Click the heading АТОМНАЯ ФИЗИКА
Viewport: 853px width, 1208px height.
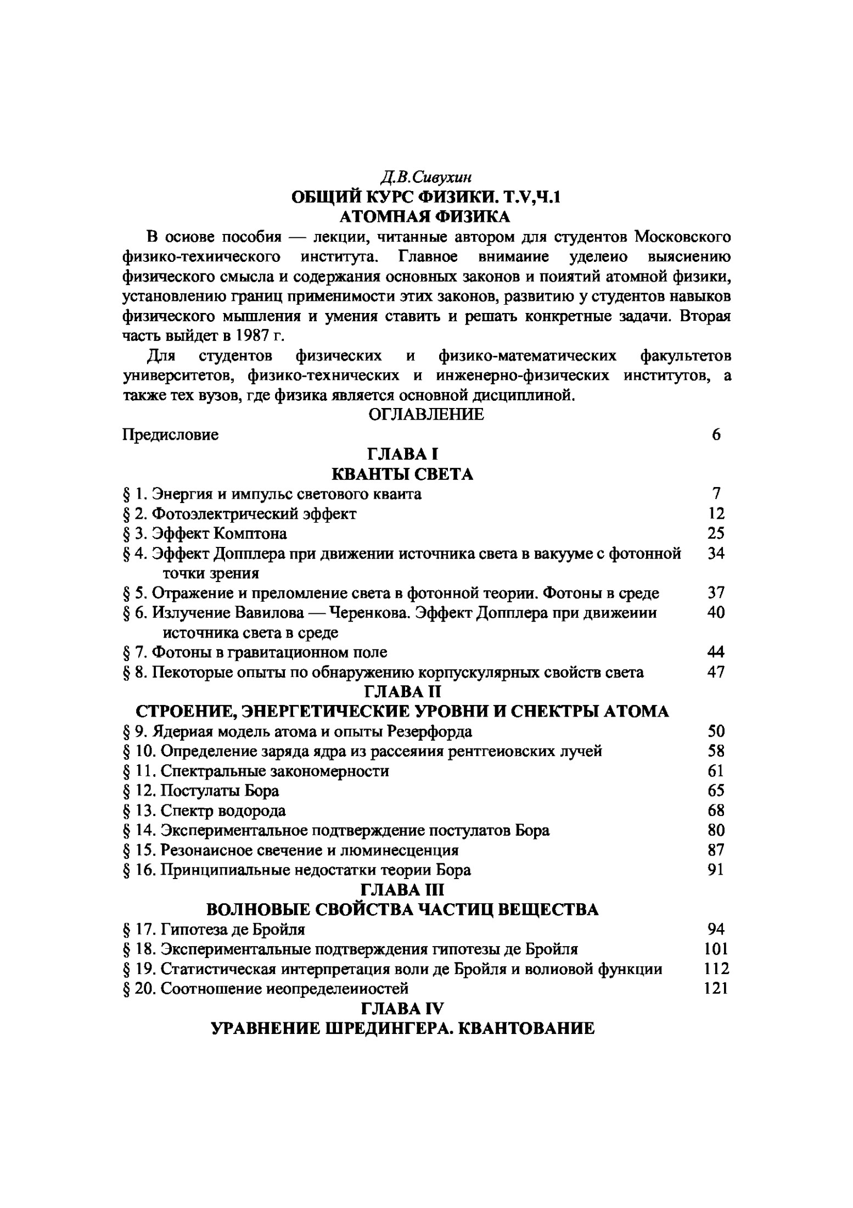(425, 216)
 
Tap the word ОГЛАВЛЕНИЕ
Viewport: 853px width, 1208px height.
(426, 415)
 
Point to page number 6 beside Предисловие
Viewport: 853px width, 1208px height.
(716, 434)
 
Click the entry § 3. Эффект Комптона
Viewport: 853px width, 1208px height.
(205, 533)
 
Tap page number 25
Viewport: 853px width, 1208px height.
(716, 533)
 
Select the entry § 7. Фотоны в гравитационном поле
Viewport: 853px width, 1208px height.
(255, 652)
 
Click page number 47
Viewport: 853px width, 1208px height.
(716, 672)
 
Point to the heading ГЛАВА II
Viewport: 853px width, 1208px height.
(403, 691)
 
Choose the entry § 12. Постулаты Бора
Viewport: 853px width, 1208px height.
(201, 791)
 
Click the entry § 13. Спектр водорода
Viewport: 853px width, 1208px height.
(204, 810)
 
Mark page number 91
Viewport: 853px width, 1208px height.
(716, 870)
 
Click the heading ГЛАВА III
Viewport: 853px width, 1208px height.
(402, 890)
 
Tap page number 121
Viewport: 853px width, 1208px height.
(716, 988)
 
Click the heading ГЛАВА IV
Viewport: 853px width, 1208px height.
(402, 1008)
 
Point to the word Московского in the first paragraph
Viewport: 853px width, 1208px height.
(682, 237)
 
